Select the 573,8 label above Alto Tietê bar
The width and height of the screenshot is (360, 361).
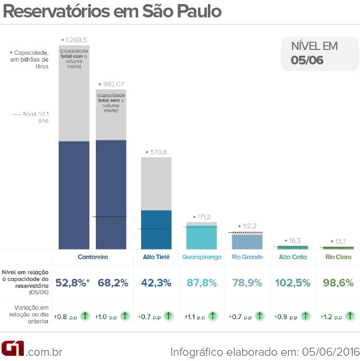coord(156,152)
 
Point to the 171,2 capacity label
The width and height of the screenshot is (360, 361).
coord(203,217)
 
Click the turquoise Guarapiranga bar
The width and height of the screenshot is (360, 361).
coord(201,237)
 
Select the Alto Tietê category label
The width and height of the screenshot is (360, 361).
coord(157,257)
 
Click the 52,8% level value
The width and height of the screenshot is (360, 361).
coord(73,283)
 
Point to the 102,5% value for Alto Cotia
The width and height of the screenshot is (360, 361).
coord(293,283)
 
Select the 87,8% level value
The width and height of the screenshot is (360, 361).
coord(201,283)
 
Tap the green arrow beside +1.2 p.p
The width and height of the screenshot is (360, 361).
coord(350,316)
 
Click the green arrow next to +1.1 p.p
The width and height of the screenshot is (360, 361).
coord(213,316)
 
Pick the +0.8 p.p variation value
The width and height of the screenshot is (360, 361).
coord(65,317)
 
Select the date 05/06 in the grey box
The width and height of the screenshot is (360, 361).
coord(307,59)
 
